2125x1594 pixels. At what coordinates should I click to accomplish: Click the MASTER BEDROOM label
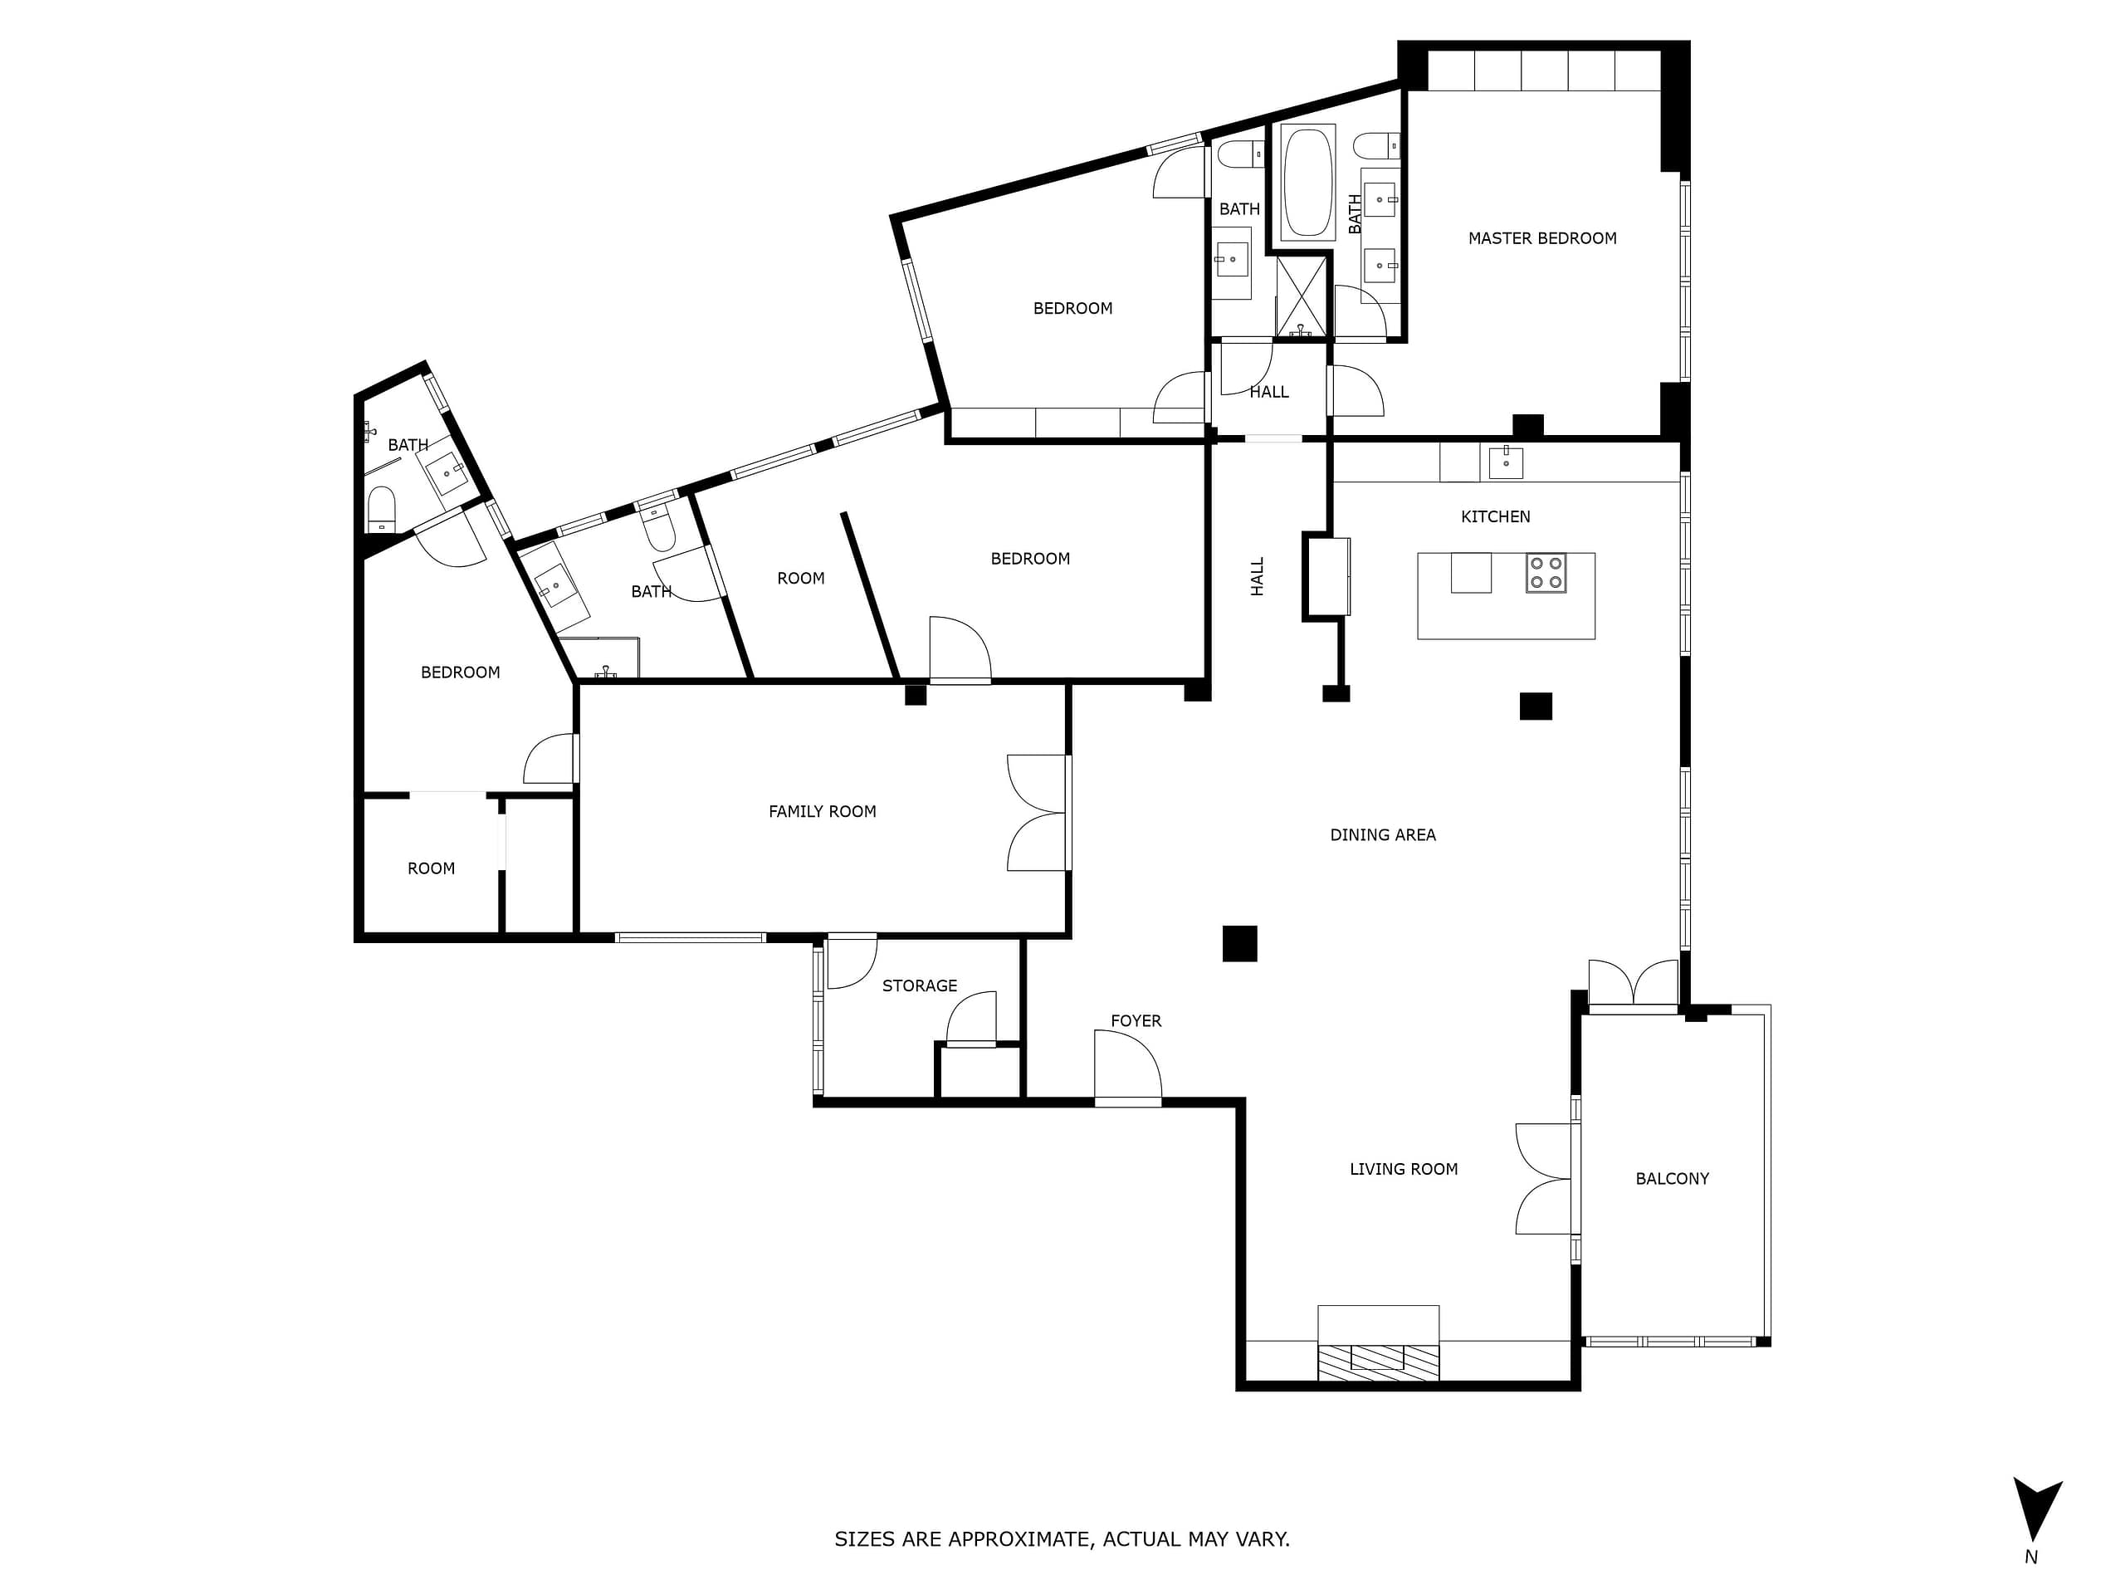pyautogui.click(x=1542, y=238)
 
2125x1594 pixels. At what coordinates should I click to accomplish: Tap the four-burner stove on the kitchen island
pyautogui.click(x=1546, y=573)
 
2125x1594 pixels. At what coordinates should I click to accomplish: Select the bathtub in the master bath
pyautogui.click(x=1307, y=183)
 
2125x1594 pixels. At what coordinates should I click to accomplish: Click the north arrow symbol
pyautogui.click(x=2038, y=1509)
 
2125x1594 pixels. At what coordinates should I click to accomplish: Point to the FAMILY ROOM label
pyautogui.click(x=823, y=812)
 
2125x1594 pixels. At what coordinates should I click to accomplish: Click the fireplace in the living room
pyautogui.click(x=1378, y=1343)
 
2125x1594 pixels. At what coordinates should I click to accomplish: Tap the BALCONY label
pyautogui.click(x=1673, y=1179)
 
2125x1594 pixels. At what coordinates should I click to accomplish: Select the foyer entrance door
pyautogui.click(x=1129, y=1068)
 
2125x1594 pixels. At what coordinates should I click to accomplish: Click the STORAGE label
pyautogui.click(x=920, y=985)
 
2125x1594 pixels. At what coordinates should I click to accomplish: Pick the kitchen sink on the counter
pyautogui.click(x=1506, y=462)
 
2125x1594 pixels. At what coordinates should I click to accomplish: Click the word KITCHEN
pyautogui.click(x=1496, y=517)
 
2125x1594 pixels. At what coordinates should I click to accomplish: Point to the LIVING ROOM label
pyautogui.click(x=1404, y=1169)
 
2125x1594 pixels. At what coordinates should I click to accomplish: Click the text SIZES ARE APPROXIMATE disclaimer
pyautogui.click(x=1062, y=1539)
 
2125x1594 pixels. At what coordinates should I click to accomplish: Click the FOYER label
pyautogui.click(x=1136, y=1021)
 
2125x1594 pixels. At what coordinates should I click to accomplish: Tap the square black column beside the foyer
pyautogui.click(x=1239, y=943)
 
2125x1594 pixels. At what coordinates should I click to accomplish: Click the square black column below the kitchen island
pyautogui.click(x=1535, y=707)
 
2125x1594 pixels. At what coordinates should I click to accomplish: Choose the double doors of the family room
pyautogui.click(x=1038, y=813)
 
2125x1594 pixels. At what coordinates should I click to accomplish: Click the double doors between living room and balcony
pyautogui.click(x=1546, y=1179)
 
